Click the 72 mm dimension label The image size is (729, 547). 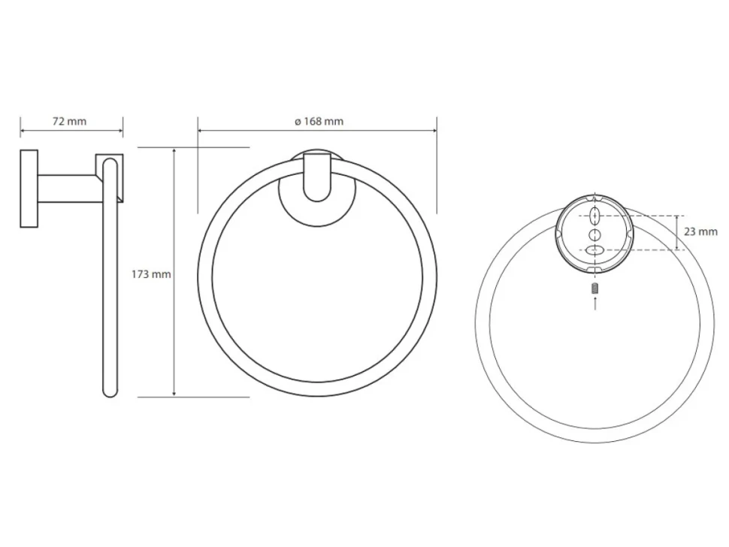pos(69,121)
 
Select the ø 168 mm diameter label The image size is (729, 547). pos(319,121)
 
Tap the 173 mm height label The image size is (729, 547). pos(151,274)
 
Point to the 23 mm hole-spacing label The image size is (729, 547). pos(700,231)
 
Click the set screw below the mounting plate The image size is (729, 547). pos(595,288)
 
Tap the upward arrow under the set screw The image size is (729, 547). pos(595,303)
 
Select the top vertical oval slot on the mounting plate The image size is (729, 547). pos(595,216)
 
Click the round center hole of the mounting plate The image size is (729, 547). pos(595,234)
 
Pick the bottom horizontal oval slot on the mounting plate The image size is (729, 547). pos(595,250)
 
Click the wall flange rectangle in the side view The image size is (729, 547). pos(29,189)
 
